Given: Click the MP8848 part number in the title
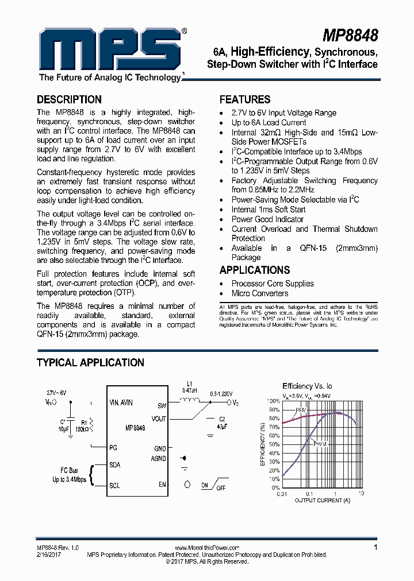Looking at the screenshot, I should [350, 36].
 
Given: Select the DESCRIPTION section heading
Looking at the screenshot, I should [69, 99].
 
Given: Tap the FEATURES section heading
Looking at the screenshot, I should [244, 99].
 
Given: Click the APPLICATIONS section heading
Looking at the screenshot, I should [254, 270].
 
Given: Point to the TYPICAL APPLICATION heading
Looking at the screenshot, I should [90, 362].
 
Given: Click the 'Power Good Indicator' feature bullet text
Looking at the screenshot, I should [267, 219].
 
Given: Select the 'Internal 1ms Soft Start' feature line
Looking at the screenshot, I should [269, 210].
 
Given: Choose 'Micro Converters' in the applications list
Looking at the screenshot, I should [260, 293].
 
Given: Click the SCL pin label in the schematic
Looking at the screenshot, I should [114, 486].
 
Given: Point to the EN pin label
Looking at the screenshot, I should [162, 485].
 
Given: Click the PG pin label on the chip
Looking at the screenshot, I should [113, 447].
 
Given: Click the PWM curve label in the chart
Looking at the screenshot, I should [320, 444].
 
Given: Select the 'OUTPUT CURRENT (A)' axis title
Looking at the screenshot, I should [323, 500].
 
